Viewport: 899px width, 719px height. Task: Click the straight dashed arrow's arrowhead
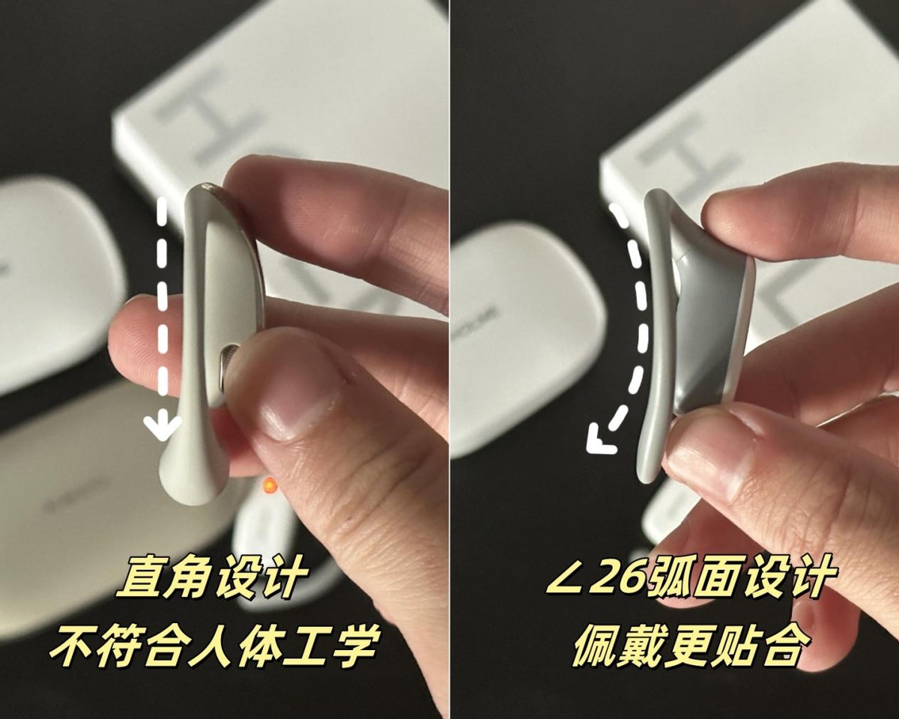tap(162, 429)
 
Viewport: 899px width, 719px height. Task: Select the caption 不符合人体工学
tap(214, 645)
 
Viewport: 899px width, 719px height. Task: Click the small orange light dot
tap(267, 488)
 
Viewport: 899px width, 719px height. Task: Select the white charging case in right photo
tap(524, 330)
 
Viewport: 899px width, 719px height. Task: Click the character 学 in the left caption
tap(352, 646)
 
